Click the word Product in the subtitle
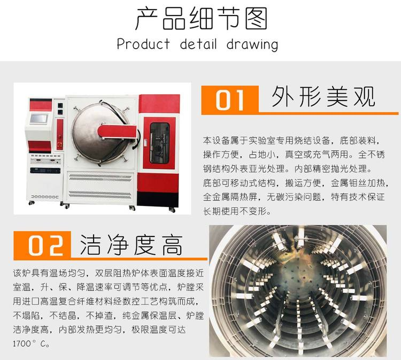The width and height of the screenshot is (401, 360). point(143,44)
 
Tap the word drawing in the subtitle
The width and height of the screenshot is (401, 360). point(252,44)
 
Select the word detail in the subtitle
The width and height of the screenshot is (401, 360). point(198,44)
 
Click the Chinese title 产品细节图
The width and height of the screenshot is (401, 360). point(201,18)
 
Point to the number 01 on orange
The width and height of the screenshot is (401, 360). point(229,101)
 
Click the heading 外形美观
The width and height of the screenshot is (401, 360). point(323,97)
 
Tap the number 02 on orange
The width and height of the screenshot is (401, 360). point(45,246)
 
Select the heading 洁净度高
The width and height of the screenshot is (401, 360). point(132,245)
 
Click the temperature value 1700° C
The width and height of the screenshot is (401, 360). point(31,343)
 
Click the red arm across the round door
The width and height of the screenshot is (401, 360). point(117,132)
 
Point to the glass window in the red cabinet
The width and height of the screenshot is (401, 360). point(159,143)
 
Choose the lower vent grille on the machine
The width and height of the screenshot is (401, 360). point(100,194)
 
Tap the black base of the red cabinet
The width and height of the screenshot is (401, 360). point(158,199)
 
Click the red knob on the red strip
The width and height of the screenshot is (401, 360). point(60,144)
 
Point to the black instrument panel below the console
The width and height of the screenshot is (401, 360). point(45,171)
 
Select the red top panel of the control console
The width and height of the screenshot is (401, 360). point(41,105)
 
